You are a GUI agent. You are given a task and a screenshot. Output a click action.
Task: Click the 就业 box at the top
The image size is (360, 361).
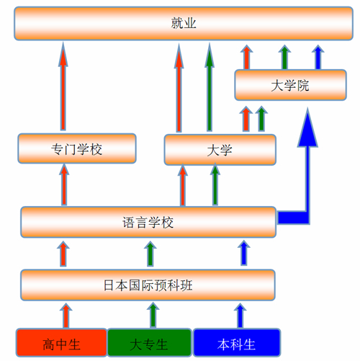(x=184, y=23)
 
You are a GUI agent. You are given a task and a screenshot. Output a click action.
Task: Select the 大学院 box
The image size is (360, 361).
(x=290, y=85)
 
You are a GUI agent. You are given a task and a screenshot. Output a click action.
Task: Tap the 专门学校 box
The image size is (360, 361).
(x=77, y=148)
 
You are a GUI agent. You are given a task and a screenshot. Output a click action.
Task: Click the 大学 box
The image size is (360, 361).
(x=220, y=150)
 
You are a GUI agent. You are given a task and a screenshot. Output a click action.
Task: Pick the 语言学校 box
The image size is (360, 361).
(x=148, y=222)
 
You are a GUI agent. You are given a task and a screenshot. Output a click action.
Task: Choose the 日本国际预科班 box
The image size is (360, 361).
(x=148, y=285)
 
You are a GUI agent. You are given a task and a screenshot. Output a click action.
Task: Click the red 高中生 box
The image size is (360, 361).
(x=61, y=343)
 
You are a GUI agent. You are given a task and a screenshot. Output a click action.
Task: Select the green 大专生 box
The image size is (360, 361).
(x=149, y=343)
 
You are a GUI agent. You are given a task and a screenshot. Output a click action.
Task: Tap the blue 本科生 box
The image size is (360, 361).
(x=237, y=343)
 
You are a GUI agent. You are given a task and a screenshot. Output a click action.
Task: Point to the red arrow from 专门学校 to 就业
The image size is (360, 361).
(x=63, y=86)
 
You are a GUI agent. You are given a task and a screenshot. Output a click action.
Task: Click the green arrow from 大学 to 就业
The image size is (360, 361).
(x=210, y=88)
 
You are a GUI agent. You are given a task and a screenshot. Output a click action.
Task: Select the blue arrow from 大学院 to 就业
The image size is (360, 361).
(x=318, y=57)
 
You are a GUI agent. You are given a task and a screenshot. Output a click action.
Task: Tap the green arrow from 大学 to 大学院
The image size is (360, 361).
(x=261, y=119)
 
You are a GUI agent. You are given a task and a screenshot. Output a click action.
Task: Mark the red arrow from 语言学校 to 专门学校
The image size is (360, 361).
(x=64, y=184)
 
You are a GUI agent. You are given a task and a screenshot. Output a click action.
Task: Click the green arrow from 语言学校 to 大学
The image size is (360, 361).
(x=215, y=184)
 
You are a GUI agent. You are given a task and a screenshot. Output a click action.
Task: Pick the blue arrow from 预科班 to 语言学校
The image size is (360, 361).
(x=244, y=253)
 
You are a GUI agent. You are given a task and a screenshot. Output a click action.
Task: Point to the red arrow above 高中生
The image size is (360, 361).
(x=66, y=316)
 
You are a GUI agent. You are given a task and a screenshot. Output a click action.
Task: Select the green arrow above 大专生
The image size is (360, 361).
(x=153, y=315)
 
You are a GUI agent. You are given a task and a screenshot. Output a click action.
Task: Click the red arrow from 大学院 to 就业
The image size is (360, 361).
(x=246, y=57)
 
